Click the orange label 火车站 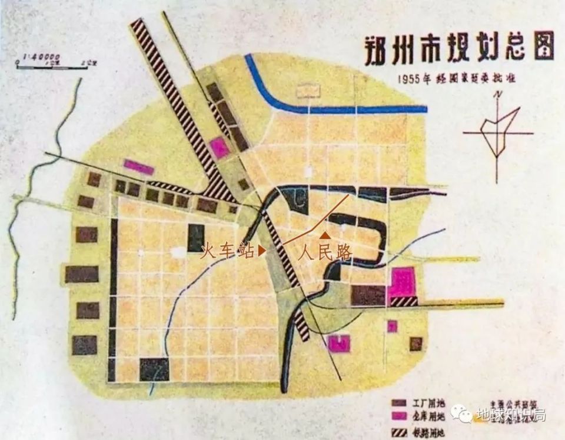(228, 251)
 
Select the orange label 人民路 (325, 253)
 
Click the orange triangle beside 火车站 (262, 251)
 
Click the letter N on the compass (498, 95)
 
